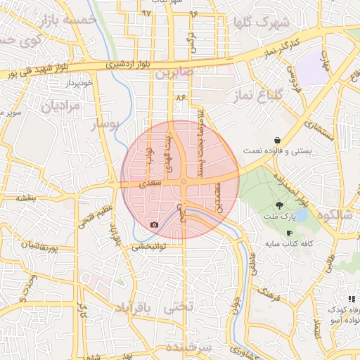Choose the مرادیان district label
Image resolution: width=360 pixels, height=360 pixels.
pyautogui.click(x=61, y=106)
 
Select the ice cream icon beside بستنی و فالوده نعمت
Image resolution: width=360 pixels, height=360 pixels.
pyautogui.click(x=280, y=140)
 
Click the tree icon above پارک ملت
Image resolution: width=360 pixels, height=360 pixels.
pyautogui.click(x=280, y=205)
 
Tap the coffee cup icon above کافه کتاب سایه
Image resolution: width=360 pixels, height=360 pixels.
pyautogui.click(x=289, y=233)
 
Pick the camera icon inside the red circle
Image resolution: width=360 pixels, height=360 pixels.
pyautogui.click(x=154, y=225)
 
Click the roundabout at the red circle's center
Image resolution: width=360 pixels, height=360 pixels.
pyautogui.click(x=184, y=182)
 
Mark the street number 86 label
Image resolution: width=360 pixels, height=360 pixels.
pyautogui.click(x=181, y=96)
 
